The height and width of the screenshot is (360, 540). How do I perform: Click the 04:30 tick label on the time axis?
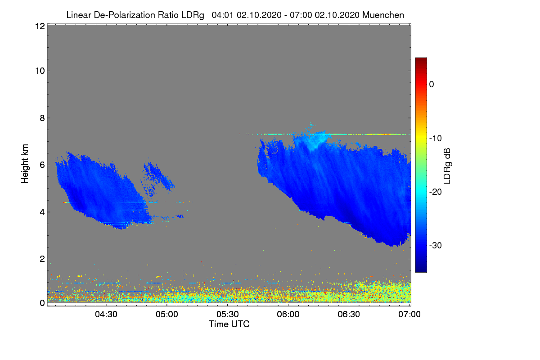point(106,315)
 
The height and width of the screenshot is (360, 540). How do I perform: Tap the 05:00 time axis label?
point(166,315)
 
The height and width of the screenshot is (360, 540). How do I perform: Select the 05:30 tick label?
point(227,315)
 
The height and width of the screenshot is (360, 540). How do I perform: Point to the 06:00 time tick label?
point(288,315)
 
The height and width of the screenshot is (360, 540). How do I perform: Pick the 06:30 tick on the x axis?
point(349,315)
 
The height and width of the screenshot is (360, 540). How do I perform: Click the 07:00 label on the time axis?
point(409,315)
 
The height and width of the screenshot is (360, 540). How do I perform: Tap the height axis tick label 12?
point(39,27)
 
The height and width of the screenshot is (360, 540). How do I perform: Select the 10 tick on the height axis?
point(39,71)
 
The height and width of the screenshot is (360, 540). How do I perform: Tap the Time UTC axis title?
point(229,324)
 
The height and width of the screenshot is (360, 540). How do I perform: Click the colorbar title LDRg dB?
point(447,165)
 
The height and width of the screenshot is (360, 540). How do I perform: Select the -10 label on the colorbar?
point(435,138)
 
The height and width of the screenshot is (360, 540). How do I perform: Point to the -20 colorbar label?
point(435,192)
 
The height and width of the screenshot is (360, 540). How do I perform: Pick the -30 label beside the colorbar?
point(435,246)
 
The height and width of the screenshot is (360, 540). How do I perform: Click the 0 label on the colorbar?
point(432,84)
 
